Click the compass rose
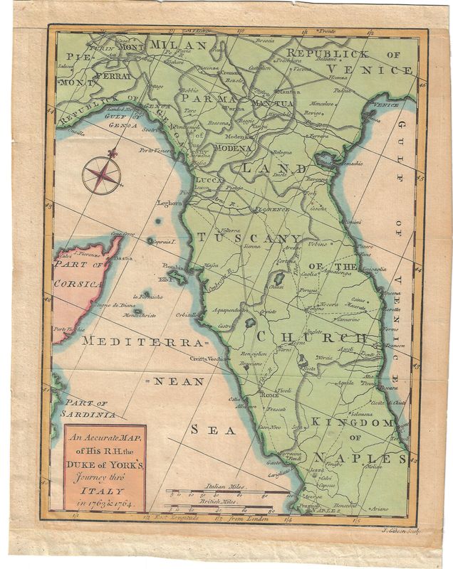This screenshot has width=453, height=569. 100,175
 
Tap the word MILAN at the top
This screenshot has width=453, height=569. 177,46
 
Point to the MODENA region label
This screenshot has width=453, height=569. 230,148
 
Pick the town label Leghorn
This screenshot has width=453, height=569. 170,203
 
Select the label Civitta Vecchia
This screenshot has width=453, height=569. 213,359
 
